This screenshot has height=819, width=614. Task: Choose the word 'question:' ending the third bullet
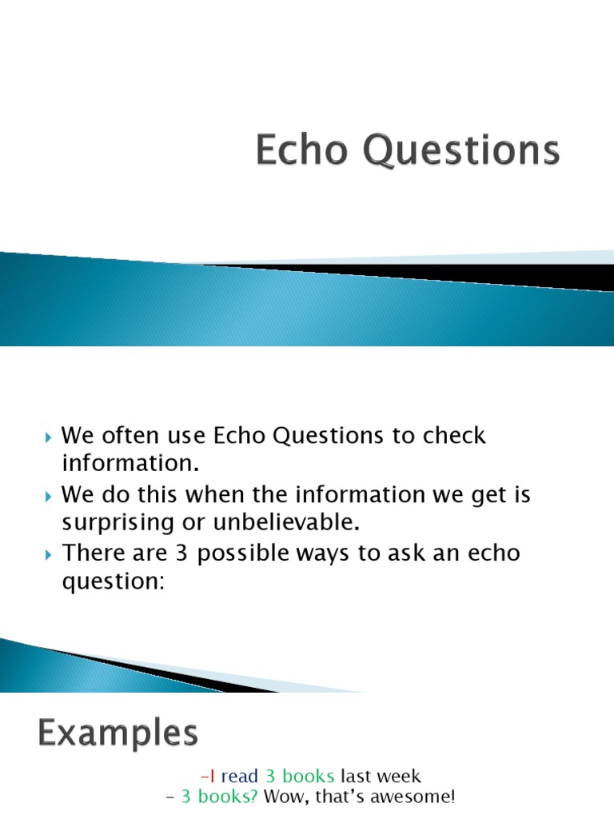(112, 581)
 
